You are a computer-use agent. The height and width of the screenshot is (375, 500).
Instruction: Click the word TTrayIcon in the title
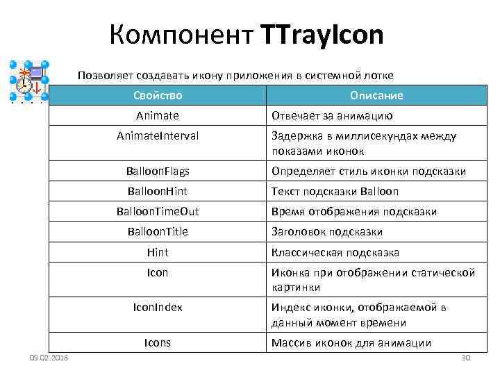pos(322,34)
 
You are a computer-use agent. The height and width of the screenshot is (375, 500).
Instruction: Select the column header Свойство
pos(157,95)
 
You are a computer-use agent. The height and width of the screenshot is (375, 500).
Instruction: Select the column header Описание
pos(376,95)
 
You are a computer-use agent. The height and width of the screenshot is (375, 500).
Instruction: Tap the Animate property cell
pos(157,115)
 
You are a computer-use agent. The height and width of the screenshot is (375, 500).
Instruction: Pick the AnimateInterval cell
pos(157,136)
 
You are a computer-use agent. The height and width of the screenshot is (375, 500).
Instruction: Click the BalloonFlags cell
pos(158,171)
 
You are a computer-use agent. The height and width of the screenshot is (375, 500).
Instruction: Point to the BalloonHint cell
pos(158,191)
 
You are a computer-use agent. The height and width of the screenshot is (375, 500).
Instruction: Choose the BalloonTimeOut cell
pos(158,211)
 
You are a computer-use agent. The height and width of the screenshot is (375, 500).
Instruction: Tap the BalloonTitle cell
pos(158,231)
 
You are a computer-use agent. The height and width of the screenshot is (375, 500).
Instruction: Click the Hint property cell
pos(158,252)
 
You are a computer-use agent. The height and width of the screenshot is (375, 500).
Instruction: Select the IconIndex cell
pos(158,307)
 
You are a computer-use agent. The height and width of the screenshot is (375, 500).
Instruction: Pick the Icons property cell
pos(158,342)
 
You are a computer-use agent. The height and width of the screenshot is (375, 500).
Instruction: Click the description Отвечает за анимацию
pos(332,116)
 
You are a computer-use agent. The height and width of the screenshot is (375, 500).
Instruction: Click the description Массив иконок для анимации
pos(351,343)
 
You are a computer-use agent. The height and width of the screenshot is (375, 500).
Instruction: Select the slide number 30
pos(466,358)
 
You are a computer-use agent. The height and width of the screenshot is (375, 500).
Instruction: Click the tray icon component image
pos(28,82)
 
